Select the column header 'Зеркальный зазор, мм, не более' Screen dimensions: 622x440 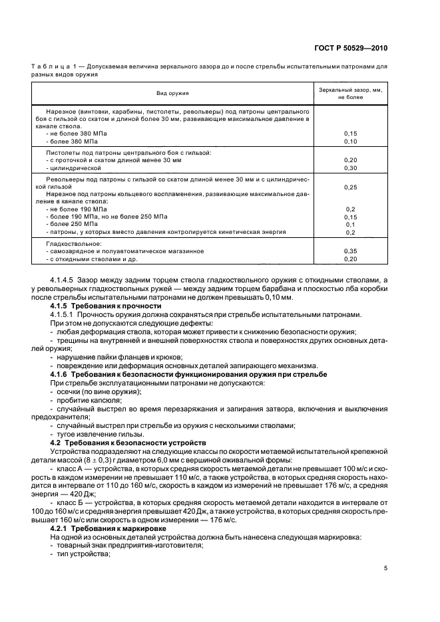(350, 92)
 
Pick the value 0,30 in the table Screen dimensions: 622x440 (350, 168)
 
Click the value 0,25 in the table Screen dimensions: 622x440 (350, 187)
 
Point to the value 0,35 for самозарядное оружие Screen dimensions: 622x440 (350, 251)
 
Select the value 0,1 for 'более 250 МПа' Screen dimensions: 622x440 (350, 225)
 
